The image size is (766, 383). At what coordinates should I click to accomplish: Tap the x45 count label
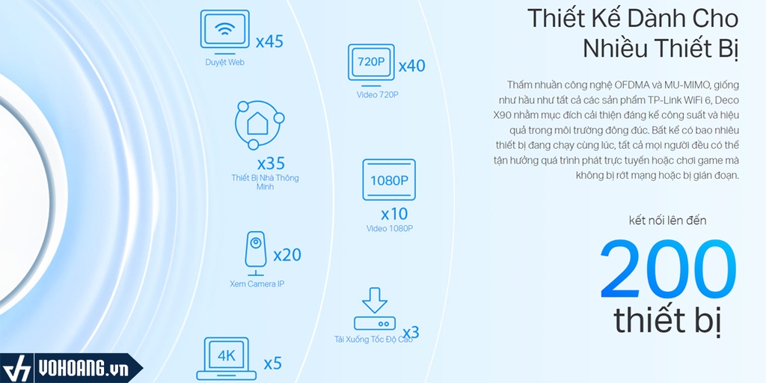269,42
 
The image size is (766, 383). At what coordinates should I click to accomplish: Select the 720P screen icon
371,63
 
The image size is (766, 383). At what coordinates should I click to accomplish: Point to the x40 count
412,66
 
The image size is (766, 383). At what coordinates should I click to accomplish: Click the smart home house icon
258,125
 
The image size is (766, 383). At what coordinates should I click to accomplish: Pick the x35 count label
271,163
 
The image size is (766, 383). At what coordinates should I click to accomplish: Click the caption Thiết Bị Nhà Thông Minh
265,183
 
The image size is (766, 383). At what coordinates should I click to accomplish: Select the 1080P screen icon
389,180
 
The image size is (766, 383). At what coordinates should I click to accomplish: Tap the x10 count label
394,214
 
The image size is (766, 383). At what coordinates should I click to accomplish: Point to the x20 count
287,254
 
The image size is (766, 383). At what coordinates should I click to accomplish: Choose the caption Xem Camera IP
257,284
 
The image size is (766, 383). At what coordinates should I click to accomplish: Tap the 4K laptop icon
226,358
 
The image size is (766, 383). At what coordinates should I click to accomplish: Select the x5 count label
272,364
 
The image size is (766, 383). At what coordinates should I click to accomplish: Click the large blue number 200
668,269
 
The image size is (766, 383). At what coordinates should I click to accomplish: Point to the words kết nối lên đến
667,221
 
